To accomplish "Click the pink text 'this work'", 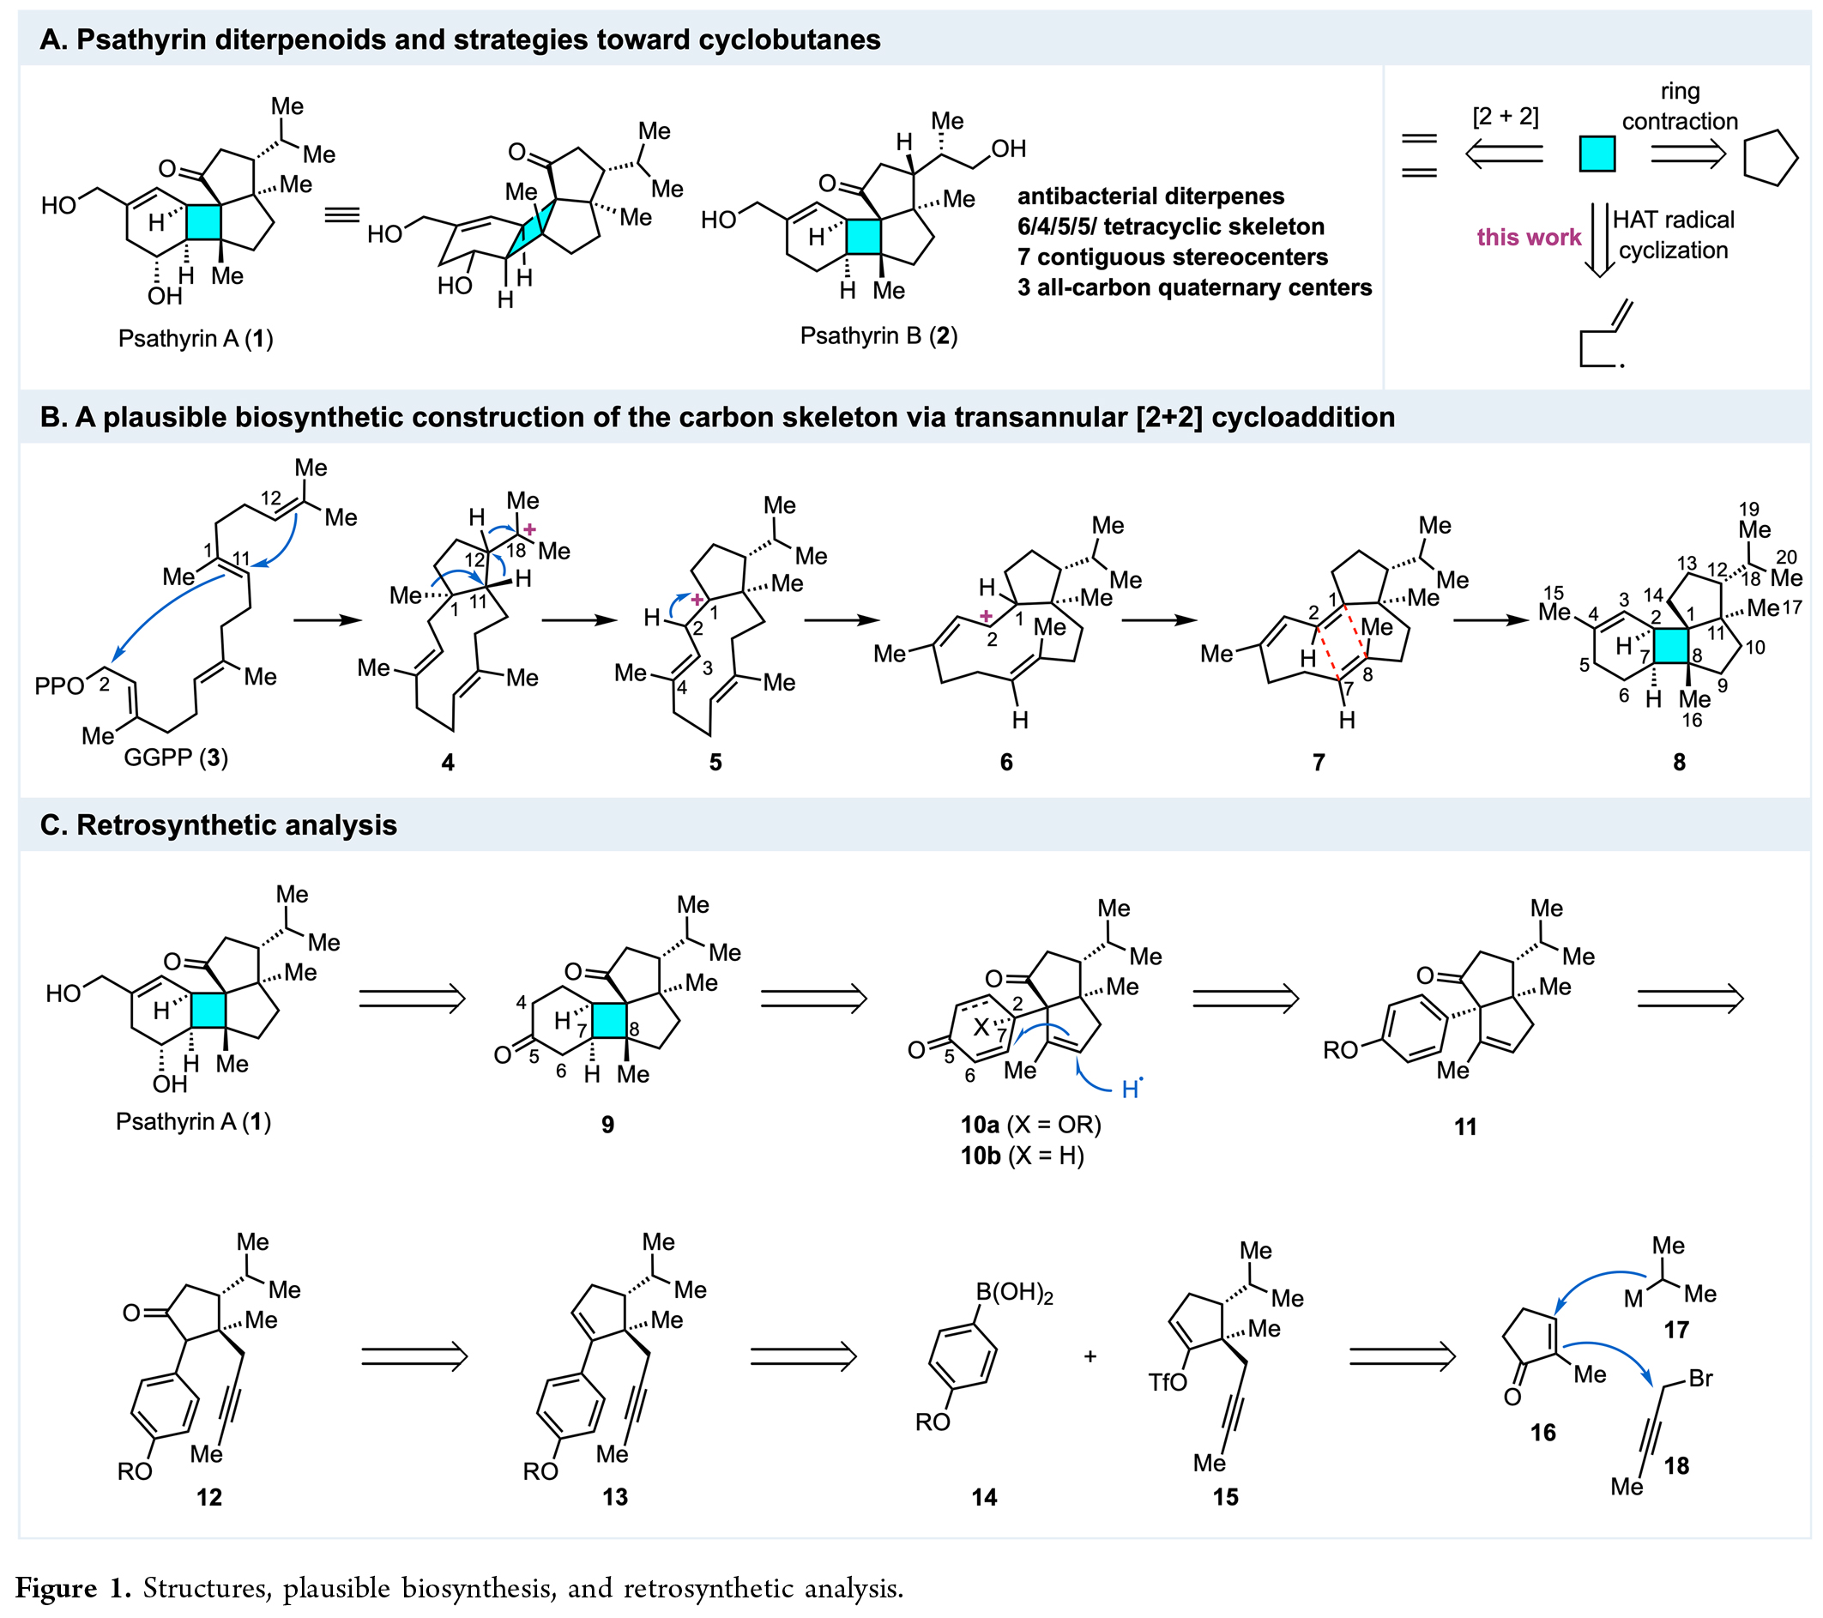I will tap(1528, 238).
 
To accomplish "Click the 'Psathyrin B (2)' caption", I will tap(878, 336).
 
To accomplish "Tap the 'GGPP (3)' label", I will tap(176, 758).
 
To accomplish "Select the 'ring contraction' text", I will tap(1680, 106).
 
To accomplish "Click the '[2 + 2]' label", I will tap(1505, 117).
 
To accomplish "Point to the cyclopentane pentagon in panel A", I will tap(1770, 159).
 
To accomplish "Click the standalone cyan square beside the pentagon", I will tap(1597, 154).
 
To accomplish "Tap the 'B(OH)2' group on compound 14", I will tap(1014, 1293).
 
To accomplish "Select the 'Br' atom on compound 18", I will tap(1701, 1378).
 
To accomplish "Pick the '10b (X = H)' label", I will tap(1021, 1156).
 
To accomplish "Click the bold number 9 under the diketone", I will tap(607, 1125).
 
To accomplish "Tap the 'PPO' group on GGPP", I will tap(59, 686).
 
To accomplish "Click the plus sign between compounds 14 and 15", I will tap(1090, 1356).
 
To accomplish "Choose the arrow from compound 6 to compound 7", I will tap(1158, 621).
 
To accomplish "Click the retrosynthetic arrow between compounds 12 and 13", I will tap(413, 1356).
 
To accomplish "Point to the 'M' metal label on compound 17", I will tap(1633, 1300).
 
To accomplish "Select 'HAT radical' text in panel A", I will tap(1673, 220).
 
